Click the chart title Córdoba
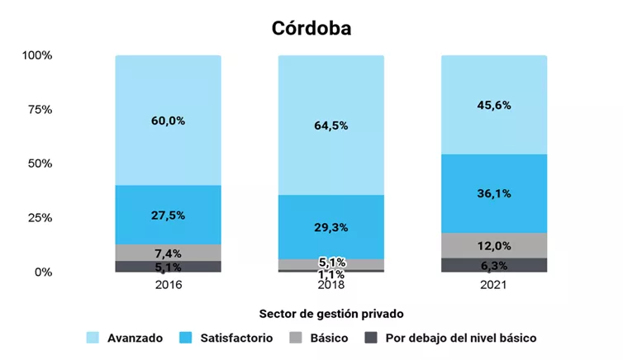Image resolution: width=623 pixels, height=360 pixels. click(x=311, y=27)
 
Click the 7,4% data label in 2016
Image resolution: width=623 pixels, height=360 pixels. click(x=168, y=253)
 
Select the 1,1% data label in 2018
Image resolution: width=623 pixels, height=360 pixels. click(x=331, y=274)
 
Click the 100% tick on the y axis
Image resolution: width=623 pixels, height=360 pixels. click(x=37, y=55)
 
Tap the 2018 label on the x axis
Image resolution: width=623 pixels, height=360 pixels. click(x=331, y=285)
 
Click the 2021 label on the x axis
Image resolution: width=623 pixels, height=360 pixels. click(x=493, y=285)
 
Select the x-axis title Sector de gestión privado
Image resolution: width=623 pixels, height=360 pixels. click(x=331, y=314)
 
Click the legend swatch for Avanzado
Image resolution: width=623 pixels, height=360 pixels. click(x=93, y=338)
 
